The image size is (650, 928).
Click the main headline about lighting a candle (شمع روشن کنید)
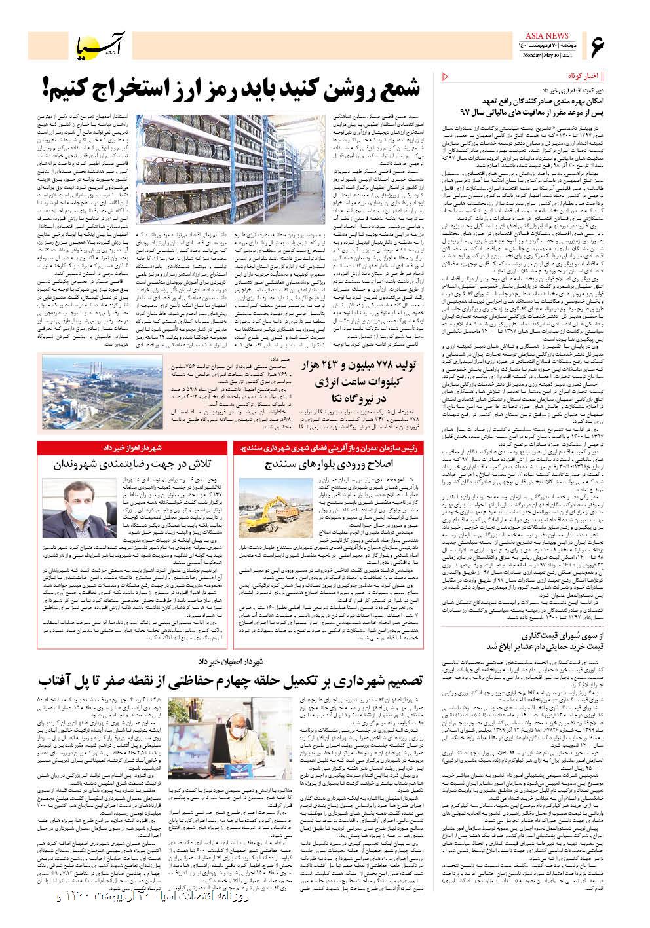[242, 86]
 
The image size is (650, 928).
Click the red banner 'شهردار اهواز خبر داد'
[134, 447]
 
